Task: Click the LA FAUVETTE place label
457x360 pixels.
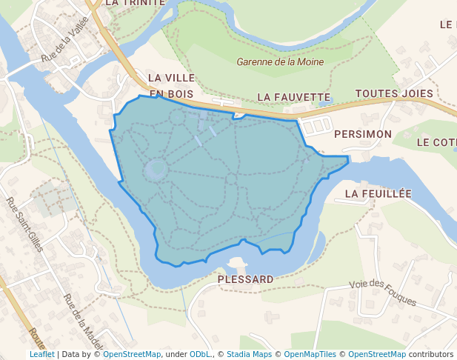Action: [293, 97]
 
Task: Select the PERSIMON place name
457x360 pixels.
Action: [362, 134]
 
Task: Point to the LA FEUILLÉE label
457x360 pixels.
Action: [378, 193]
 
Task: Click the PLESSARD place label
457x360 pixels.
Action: [246, 279]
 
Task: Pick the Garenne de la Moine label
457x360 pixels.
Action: [280, 62]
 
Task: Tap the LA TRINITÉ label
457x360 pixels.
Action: [135, 3]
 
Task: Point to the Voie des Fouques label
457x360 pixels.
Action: [382, 293]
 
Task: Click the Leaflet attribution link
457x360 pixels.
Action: [42, 354]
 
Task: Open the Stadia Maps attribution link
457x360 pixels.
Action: [249, 354]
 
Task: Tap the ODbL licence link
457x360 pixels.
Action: [200, 354]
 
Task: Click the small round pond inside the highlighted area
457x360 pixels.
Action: [156, 170]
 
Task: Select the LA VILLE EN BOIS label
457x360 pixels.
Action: [170, 86]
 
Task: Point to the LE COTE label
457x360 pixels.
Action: [436, 142]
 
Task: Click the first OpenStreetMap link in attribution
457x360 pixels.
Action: [132, 354]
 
